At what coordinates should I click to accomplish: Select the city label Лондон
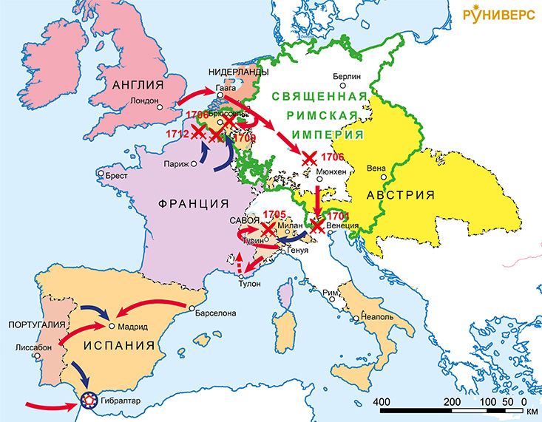coord(144,101)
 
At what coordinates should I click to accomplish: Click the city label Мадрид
coord(132,326)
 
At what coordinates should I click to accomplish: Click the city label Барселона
coord(215,313)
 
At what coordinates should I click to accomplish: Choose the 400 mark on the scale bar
coord(380,401)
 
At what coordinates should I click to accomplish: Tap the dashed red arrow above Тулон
coord(239,262)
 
